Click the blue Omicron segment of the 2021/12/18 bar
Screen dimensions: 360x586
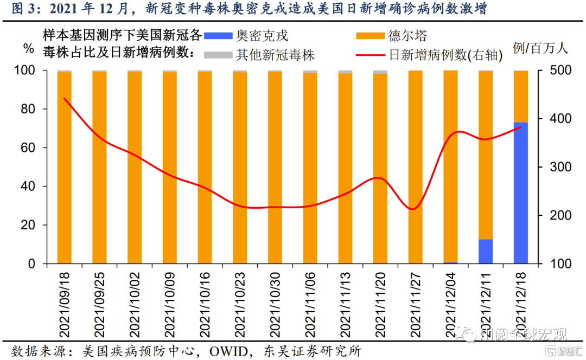click(x=520, y=193)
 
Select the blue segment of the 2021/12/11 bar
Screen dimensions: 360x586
click(x=486, y=251)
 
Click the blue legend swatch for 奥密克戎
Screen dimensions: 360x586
click(x=218, y=36)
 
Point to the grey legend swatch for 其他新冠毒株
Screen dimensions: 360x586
click(x=218, y=54)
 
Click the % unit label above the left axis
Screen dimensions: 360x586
click(x=28, y=48)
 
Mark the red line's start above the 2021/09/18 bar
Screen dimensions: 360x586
click(x=65, y=99)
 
